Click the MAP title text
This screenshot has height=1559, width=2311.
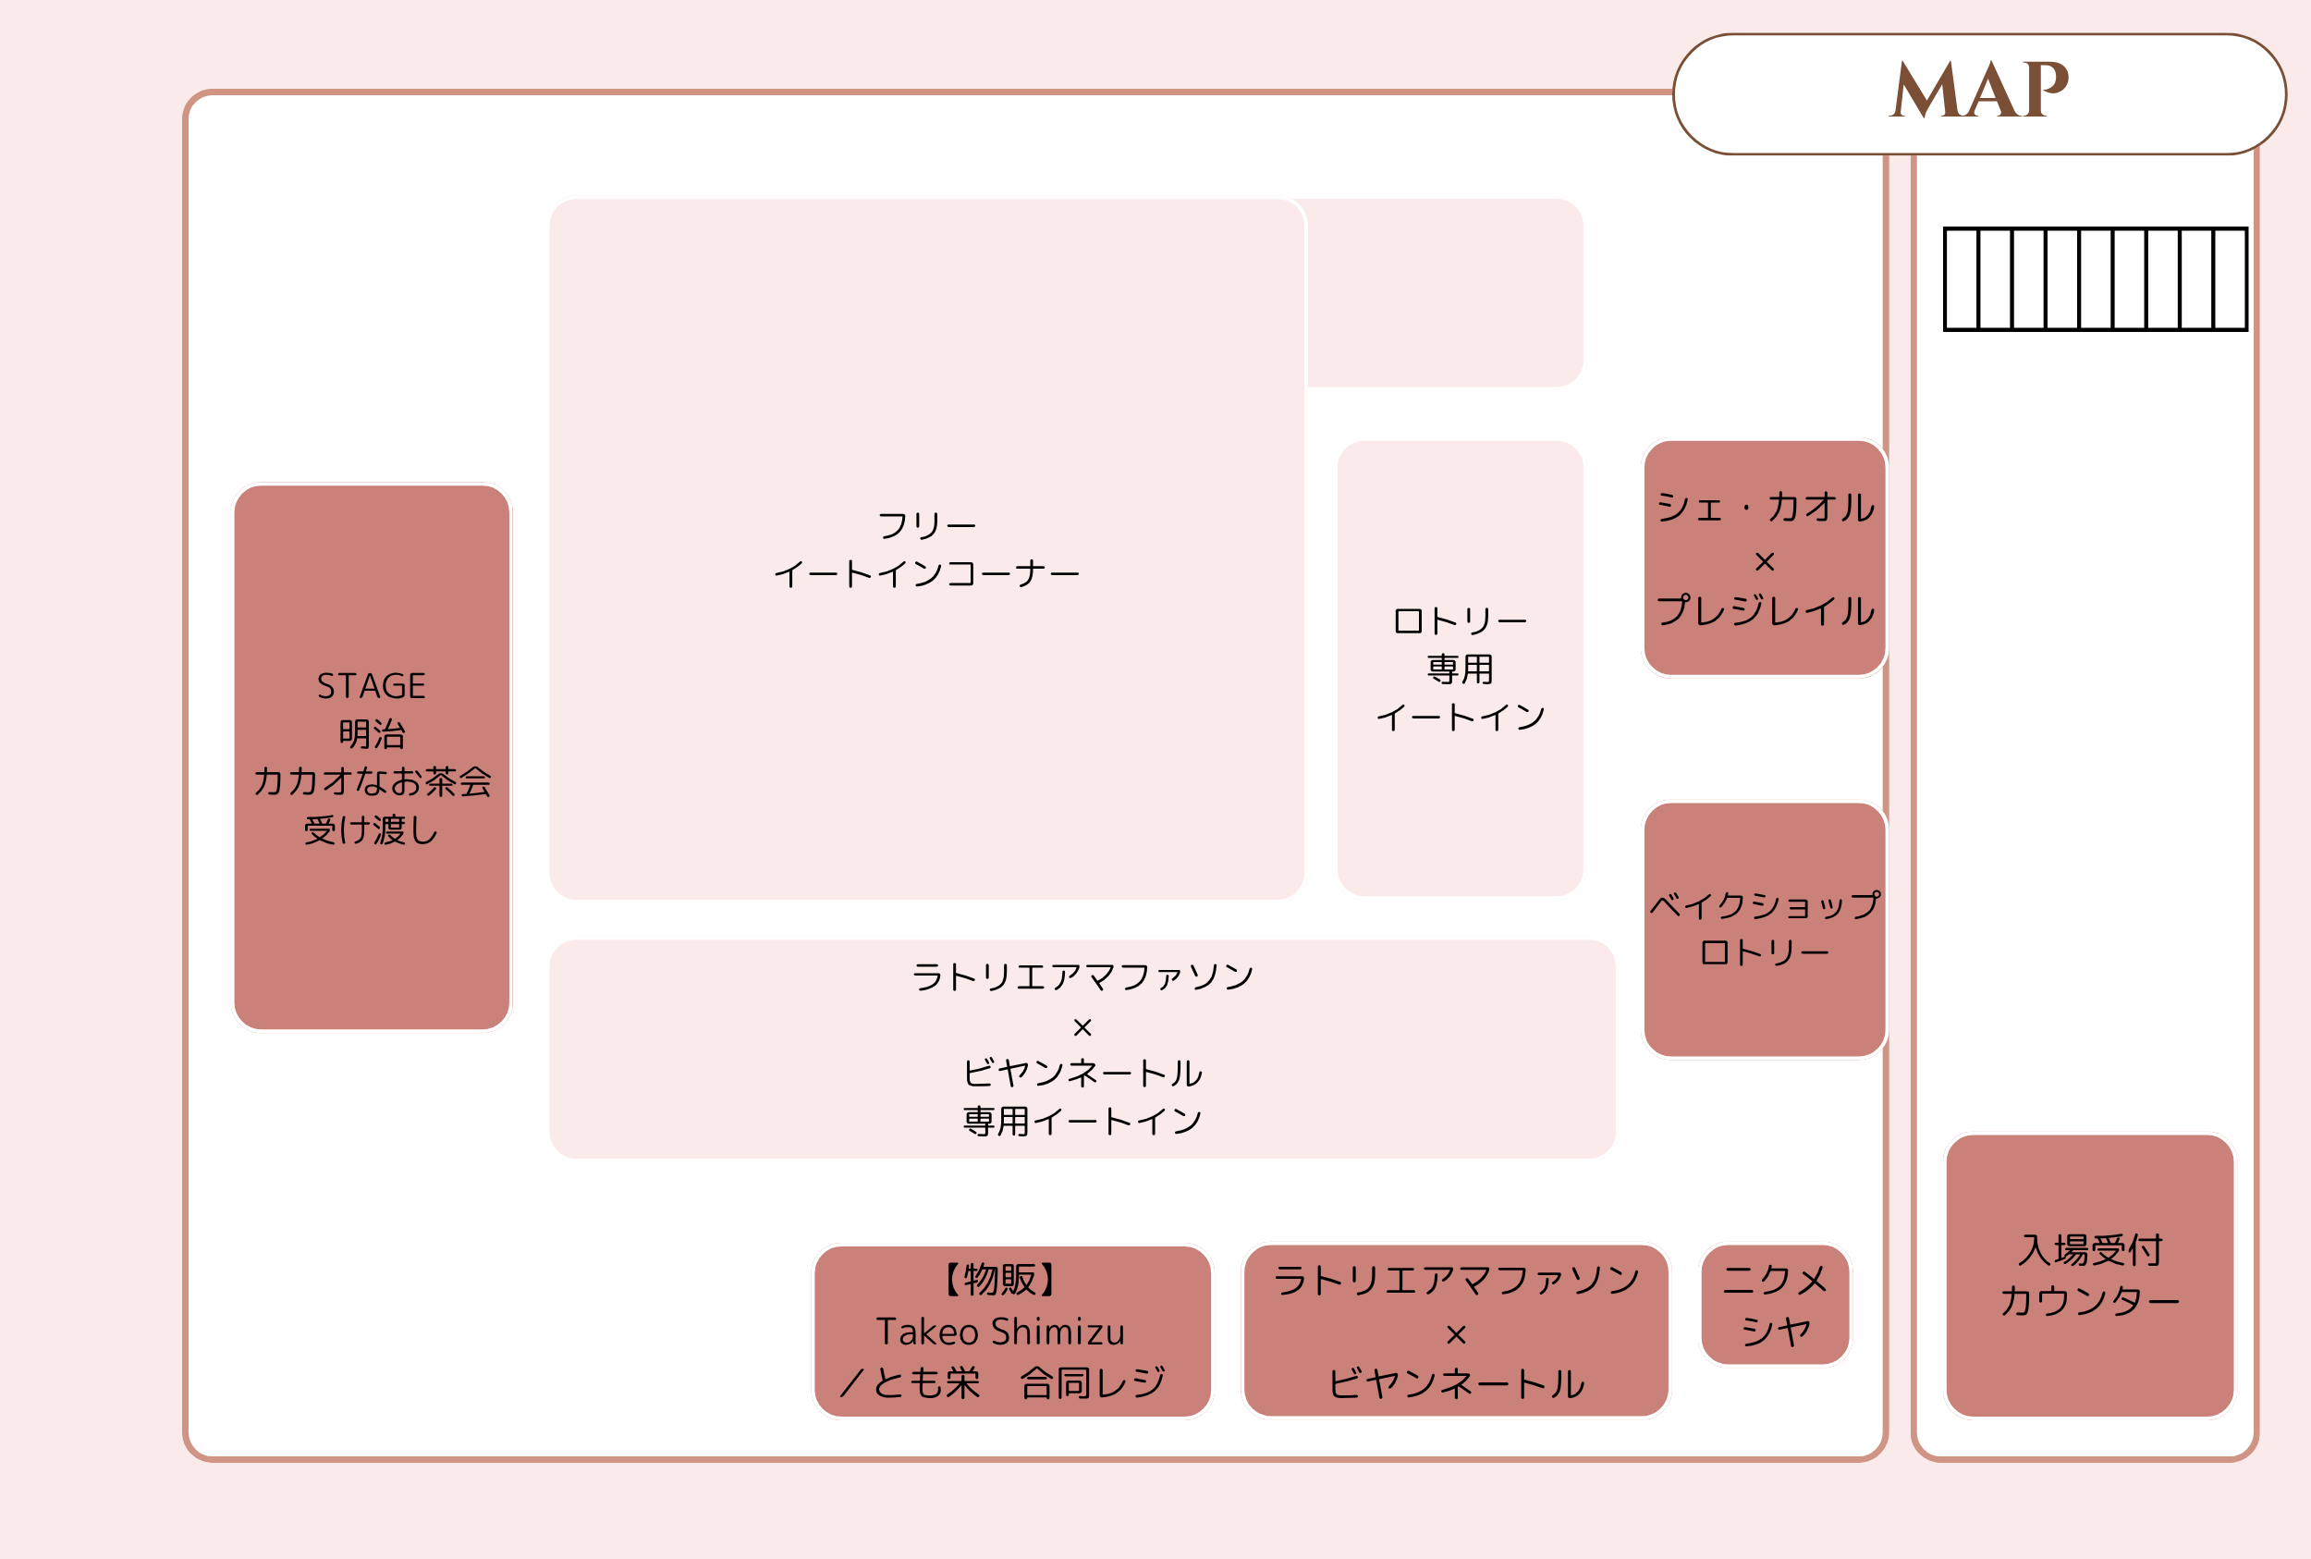point(1978,90)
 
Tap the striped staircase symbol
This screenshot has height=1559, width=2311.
point(2096,278)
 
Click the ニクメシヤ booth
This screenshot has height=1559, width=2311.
point(1774,1305)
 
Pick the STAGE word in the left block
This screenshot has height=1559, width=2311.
point(371,686)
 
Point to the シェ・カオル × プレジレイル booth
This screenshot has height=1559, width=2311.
point(1765,558)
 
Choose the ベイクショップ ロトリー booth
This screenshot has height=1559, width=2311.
point(1765,929)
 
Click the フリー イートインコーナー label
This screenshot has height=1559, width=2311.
point(926,550)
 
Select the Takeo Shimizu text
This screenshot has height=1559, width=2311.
point(1000,1332)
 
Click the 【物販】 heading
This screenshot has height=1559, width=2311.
point(1000,1280)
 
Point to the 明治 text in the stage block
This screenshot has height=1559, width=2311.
point(371,734)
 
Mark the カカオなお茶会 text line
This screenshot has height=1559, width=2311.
point(371,781)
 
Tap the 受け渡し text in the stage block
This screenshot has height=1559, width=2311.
point(371,829)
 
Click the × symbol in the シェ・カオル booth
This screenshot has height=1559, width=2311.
point(1765,563)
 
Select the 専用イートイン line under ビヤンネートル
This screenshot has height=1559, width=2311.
point(1082,1122)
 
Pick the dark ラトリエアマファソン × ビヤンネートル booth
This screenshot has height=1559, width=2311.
point(1455,1331)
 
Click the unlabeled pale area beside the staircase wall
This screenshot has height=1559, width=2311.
point(1444,292)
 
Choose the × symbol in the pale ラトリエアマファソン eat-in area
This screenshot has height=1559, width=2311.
point(1082,1027)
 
